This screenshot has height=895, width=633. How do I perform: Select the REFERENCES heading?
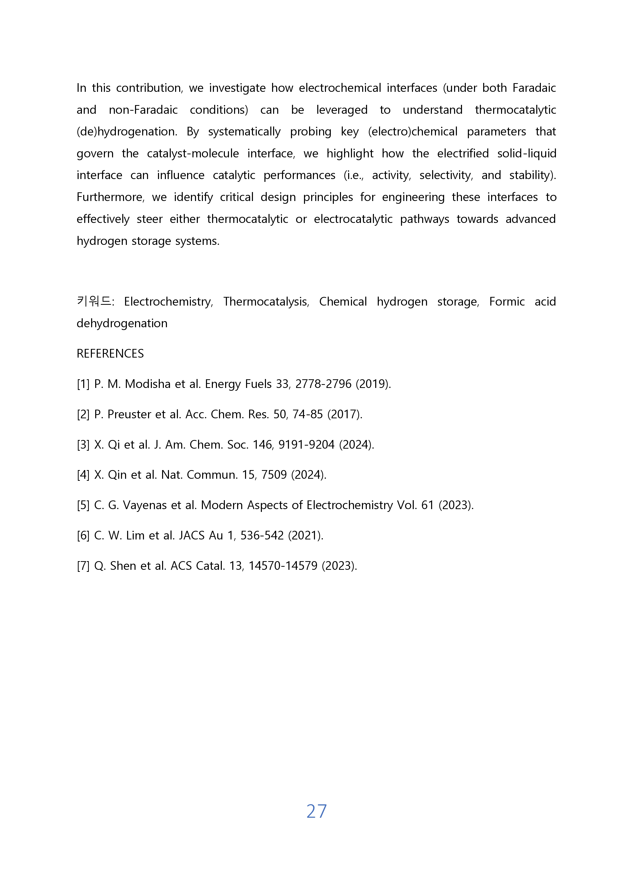coord(110,354)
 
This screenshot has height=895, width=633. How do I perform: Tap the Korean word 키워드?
coord(94,301)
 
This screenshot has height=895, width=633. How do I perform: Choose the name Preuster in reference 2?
coord(129,414)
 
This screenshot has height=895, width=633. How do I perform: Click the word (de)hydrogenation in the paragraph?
coord(126,132)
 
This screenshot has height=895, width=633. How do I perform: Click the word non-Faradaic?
coord(143,110)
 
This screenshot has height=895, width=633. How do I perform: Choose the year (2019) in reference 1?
coord(373,384)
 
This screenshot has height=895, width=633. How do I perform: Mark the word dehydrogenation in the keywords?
coord(122,323)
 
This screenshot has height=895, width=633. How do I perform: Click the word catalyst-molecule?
coord(193,154)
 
